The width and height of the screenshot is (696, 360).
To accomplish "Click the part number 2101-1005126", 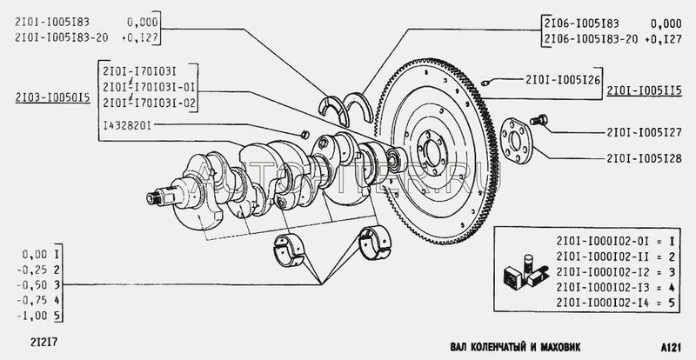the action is tap(562, 80).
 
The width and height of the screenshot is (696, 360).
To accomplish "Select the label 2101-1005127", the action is tap(644, 132).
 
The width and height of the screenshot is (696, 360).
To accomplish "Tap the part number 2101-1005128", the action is tap(644, 158).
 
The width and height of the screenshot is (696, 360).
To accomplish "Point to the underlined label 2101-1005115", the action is tap(644, 91).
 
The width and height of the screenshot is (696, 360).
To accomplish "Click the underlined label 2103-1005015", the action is tap(52, 98).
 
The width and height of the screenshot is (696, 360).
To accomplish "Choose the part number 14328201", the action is tap(127, 125).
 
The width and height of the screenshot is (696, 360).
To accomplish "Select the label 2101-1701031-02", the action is tap(149, 103).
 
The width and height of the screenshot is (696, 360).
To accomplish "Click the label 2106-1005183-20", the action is tap(590, 39).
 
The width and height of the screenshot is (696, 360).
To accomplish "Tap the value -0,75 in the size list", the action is tap(31, 301).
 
